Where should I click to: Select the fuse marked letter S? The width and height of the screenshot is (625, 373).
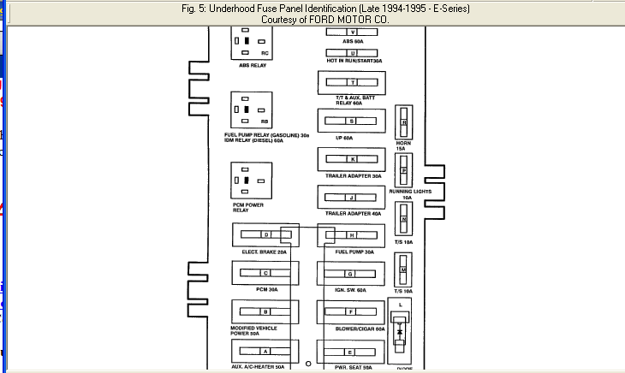[x=351, y=121]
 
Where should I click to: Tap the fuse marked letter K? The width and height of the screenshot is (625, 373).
[x=351, y=160]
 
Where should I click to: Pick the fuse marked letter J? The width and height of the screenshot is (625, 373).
[x=351, y=198]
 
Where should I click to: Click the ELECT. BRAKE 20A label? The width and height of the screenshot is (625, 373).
[x=264, y=252]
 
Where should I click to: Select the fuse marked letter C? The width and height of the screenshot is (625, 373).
[x=265, y=273]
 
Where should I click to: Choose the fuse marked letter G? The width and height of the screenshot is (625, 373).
[x=351, y=273]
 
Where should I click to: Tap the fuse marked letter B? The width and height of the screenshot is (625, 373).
[x=265, y=312]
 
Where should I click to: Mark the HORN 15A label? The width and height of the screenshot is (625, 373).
[x=403, y=145]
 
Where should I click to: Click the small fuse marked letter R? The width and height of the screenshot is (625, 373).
[x=403, y=122]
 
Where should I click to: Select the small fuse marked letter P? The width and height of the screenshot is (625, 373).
[x=403, y=170]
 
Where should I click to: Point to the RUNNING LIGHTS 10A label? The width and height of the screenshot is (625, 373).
[x=408, y=194]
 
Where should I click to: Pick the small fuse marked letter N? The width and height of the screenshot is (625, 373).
[x=403, y=220]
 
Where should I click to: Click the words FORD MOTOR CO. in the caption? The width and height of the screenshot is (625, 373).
[x=345, y=18]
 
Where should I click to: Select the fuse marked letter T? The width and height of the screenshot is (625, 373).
[x=351, y=83]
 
